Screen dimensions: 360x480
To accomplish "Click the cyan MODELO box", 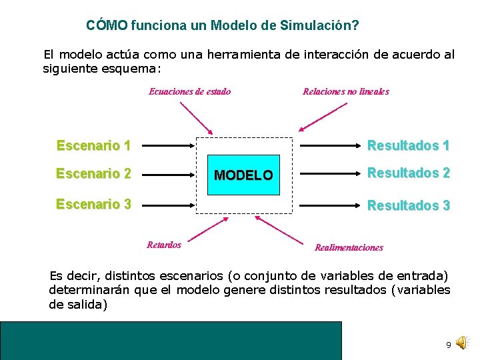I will pyautogui.click(x=243, y=175).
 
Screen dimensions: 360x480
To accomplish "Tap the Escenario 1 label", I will pyautogui.click(x=93, y=145).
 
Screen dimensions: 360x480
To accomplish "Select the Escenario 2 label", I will pyautogui.click(x=93, y=174).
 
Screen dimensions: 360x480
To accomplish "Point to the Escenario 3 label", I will pyautogui.click(x=93, y=204).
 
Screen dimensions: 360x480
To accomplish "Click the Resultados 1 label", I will pyautogui.click(x=409, y=145).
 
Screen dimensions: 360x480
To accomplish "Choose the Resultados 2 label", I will pyautogui.click(x=409, y=173).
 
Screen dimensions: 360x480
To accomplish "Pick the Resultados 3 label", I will pyautogui.click(x=409, y=205).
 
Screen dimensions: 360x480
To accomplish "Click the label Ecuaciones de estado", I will pyautogui.click(x=189, y=91).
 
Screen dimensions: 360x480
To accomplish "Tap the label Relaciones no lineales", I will pyautogui.click(x=345, y=91).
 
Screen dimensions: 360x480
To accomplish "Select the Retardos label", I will pyautogui.click(x=163, y=244).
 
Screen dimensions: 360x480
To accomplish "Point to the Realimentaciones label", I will pyautogui.click(x=349, y=247).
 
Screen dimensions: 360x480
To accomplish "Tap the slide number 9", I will pyautogui.click(x=449, y=345).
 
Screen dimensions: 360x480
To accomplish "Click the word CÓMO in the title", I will pyautogui.click(x=107, y=25).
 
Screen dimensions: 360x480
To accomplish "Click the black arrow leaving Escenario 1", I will pyautogui.click(x=169, y=145).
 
